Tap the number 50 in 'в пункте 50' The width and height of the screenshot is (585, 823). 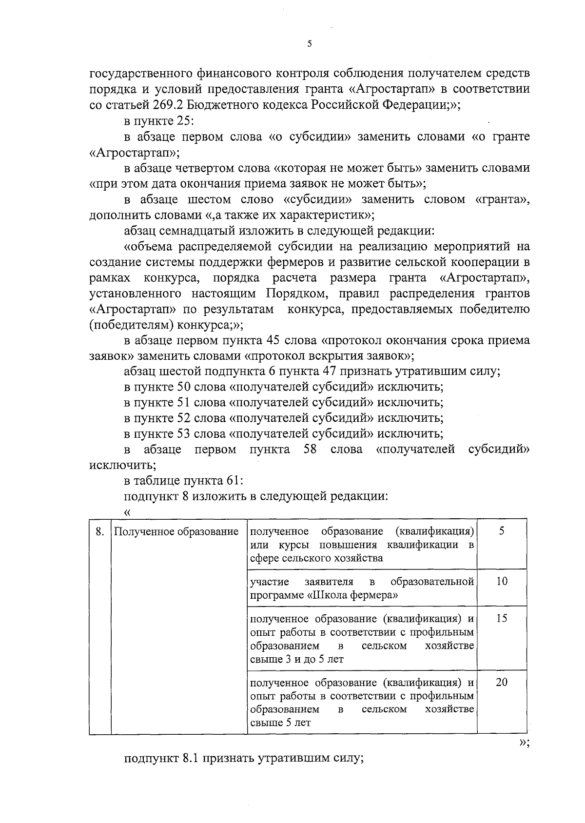(x=183, y=387)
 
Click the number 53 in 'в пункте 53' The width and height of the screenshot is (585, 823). (x=183, y=433)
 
